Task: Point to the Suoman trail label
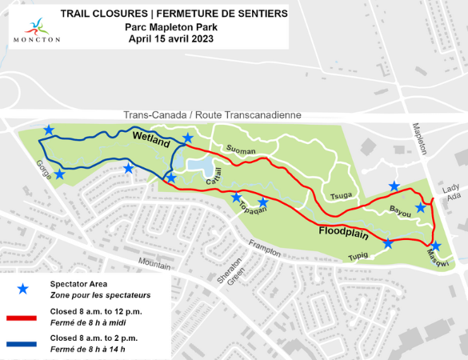pos(239,150)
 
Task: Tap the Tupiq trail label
pos(358,256)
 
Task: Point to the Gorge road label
pos(42,169)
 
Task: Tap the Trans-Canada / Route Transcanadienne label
pos(212,115)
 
